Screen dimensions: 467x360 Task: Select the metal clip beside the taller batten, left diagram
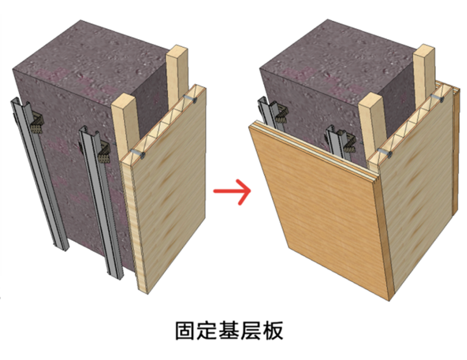[190, 97]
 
